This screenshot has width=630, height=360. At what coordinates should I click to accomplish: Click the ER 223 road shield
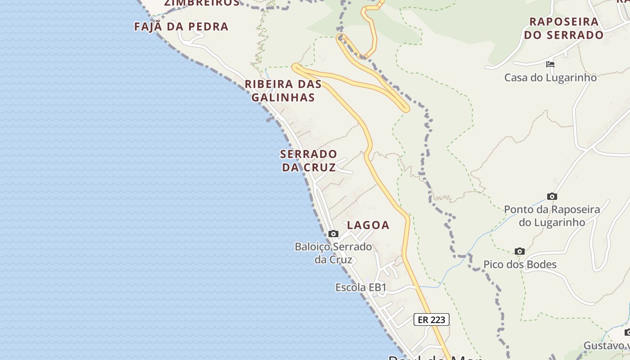[x=431, y=319]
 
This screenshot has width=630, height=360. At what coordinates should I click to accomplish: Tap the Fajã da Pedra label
[x=181, y=27]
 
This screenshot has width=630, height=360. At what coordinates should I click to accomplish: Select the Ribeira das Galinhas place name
[x=283, y=90]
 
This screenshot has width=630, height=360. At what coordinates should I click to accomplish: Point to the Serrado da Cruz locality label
[x=309, y=161]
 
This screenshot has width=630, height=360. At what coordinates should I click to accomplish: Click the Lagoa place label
[x=368, y=225]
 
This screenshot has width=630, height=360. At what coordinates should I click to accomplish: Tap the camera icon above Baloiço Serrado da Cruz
[x=333, y=234]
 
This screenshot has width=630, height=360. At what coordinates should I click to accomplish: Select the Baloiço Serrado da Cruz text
[x=333, y=253]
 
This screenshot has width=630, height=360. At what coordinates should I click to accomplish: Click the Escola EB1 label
[x=361, y=287]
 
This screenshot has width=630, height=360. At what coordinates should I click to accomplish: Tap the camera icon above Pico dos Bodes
[x=520, y=251]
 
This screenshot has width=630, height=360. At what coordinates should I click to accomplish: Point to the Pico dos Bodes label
[x=520, y=265]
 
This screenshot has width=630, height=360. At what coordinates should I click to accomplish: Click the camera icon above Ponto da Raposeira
[x=552, y=196]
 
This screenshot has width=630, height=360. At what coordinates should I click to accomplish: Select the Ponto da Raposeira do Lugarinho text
[x=552, y=216]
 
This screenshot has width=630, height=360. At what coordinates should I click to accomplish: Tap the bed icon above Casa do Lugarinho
[x=550, y=64]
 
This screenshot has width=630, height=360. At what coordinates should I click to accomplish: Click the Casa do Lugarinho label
[x=550, y=77]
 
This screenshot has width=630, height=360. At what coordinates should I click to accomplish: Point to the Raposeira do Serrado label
[x=563, y=28]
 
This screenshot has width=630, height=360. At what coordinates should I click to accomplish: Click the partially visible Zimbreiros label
[x=202, y=3]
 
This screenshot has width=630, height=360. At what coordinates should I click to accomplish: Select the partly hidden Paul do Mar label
[x=434, y=357]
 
